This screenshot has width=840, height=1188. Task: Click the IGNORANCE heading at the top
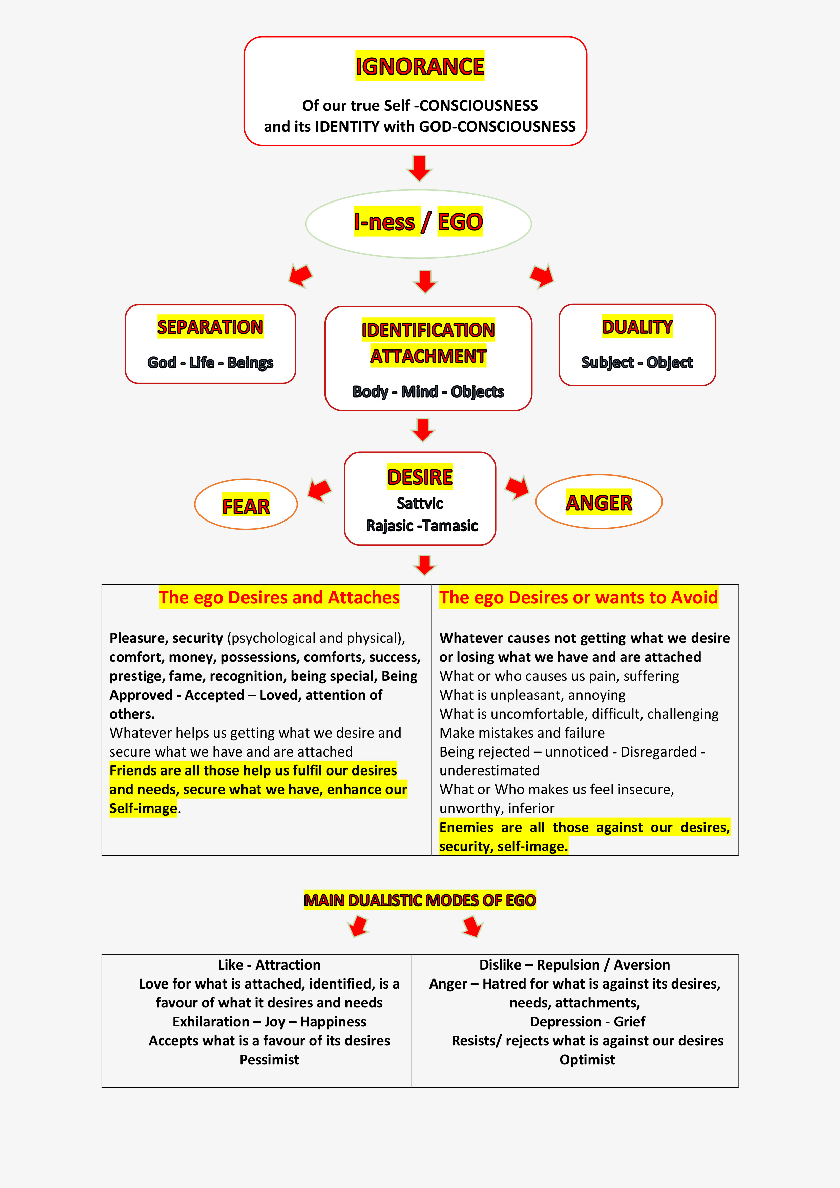point(419,66)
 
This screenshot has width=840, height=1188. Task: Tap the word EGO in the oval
point(460,222)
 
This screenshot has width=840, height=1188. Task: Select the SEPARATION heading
point(210,327)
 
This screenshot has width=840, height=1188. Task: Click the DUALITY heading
point(637,327)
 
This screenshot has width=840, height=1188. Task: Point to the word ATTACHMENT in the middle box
point(428,357)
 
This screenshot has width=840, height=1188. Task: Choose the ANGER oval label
point(599,503)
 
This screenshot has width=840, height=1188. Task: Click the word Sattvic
point(420,504)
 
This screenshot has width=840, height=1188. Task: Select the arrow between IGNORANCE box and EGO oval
point(419,168)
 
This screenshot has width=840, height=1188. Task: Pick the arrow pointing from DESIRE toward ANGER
point(517,487)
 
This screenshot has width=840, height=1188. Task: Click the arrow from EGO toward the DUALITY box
point(542,275)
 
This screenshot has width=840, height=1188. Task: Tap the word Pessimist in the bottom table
point(269,1060)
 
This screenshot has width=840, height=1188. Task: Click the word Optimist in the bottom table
point(587,1060)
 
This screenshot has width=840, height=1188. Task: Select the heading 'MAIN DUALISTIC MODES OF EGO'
point(420,900)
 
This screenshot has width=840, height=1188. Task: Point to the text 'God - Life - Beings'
point(210,363)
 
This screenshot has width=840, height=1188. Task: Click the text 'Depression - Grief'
point(587,1022)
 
